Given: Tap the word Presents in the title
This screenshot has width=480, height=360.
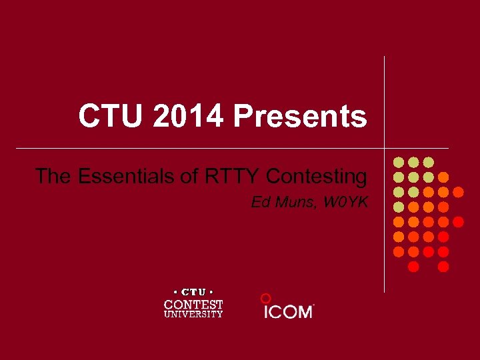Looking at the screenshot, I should point(300,116).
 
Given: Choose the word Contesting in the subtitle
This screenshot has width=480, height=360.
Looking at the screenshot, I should point(317,177).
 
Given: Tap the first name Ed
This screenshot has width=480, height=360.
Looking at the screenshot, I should point(260,201).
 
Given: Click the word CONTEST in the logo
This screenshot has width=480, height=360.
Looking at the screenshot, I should point(193,304).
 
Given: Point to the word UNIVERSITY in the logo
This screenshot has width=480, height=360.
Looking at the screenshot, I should point(193,314).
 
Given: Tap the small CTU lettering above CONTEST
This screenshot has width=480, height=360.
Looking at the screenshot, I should point(193,292).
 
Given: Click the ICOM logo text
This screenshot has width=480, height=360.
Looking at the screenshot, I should point(288,311).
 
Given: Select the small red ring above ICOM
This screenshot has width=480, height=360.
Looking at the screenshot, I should point(265,298).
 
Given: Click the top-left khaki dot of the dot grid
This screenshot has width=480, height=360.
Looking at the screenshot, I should point(399,162).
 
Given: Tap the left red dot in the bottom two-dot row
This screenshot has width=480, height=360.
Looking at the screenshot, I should point(413,267).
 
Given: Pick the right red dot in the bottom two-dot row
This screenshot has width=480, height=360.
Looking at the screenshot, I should point(443,267).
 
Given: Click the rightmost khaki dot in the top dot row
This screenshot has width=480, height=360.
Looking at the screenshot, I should point(429,162).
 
